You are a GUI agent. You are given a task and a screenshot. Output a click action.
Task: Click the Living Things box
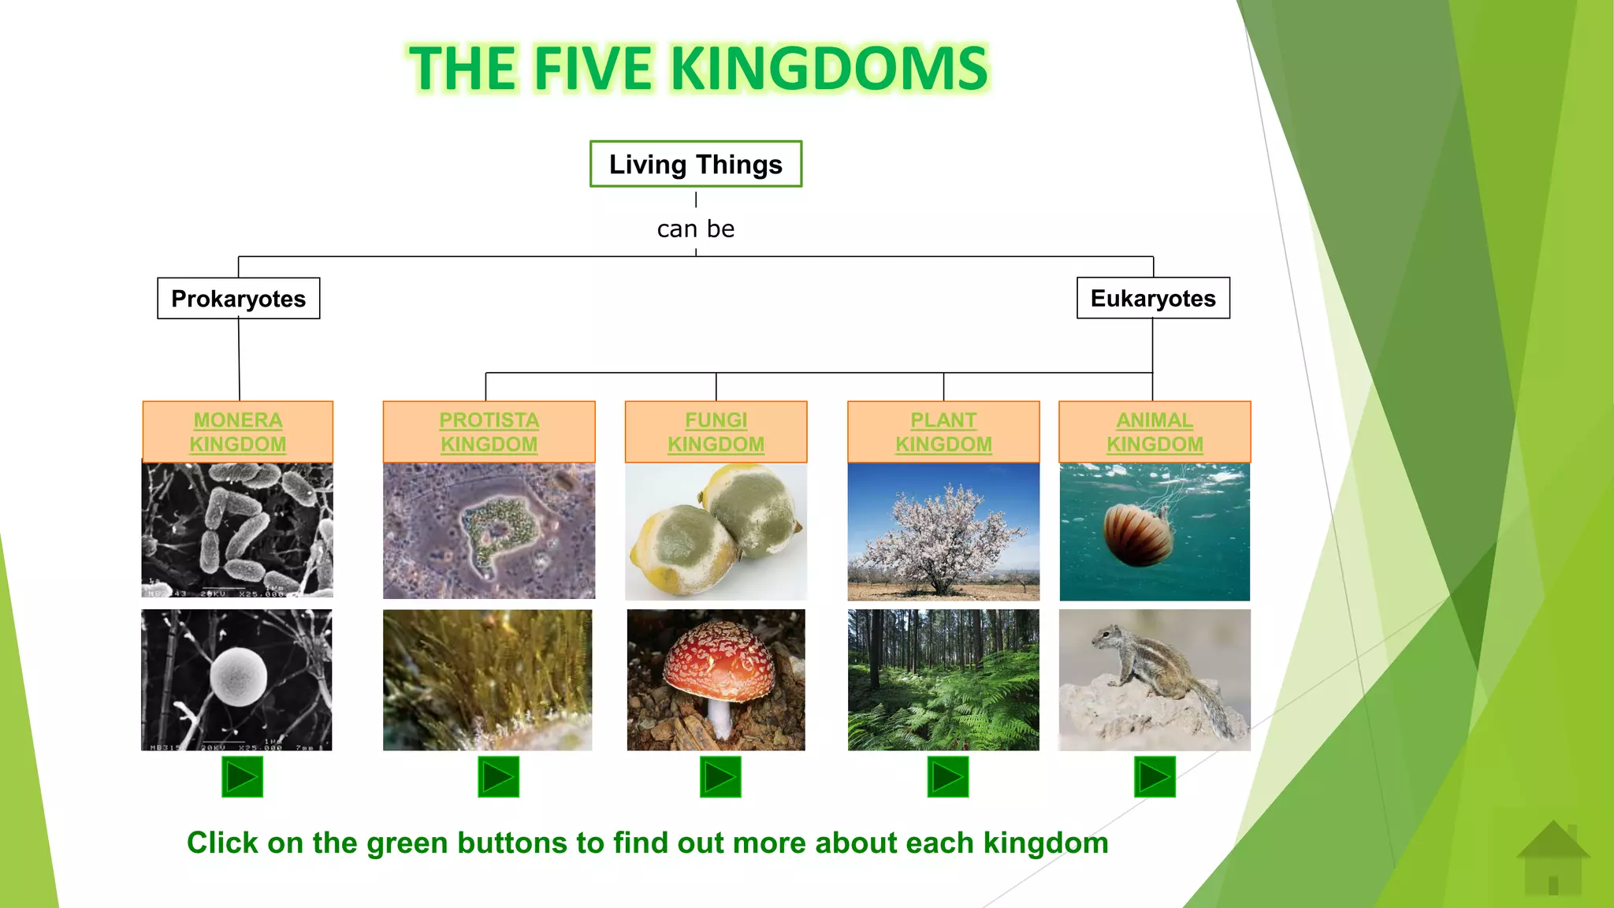(696, 164)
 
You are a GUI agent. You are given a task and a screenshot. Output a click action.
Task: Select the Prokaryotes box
(239, 299)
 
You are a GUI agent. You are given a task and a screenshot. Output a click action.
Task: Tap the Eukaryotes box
(1153, 298)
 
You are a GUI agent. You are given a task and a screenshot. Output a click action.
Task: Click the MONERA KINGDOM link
(238, 432)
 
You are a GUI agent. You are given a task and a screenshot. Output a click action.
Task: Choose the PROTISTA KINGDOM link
(489, 432)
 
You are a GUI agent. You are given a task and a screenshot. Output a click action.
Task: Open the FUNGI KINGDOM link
(716, 432)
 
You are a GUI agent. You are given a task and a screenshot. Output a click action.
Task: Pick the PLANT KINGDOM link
(943, 432)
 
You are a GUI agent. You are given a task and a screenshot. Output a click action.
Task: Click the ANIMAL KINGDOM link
(1155, 432)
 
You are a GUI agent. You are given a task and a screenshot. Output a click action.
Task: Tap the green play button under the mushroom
(720, 777)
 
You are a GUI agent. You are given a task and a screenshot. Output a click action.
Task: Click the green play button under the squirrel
(1155, 777)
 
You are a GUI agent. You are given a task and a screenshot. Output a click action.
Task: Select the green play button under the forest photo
(947, 777)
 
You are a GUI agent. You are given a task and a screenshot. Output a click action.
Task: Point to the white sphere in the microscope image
(239, 677)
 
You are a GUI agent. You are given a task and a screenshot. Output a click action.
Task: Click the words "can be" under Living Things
(696, 229)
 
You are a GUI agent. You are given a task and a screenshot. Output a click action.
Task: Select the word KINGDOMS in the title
(829, 69)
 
